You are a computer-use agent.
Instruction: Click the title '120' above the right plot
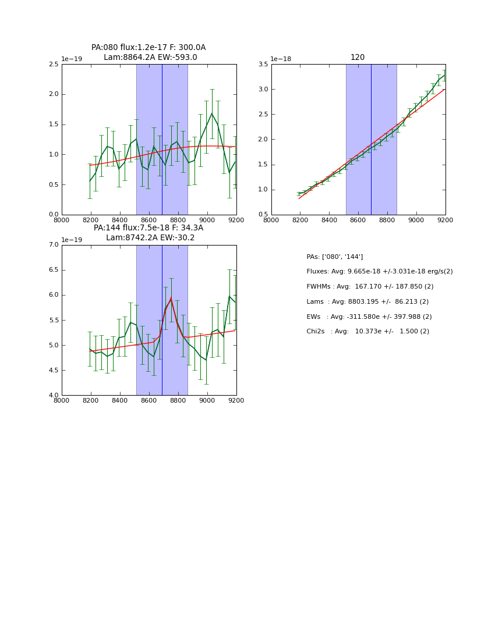(358, 58)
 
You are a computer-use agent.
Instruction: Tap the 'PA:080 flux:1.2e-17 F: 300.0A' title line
(148, 48)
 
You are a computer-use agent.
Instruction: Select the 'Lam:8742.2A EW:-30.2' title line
(150, 237)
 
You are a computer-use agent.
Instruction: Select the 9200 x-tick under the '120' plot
(446, 220)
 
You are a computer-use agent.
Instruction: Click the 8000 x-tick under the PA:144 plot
(62, 400)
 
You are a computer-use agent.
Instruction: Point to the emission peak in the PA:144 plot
(171, 298)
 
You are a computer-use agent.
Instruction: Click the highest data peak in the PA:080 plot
(212, 113)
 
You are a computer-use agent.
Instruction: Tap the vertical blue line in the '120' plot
(371, 140)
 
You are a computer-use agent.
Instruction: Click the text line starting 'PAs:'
(335, 257)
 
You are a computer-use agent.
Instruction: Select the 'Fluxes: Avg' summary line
(379, 272)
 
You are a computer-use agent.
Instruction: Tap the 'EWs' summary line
(367, 317)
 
